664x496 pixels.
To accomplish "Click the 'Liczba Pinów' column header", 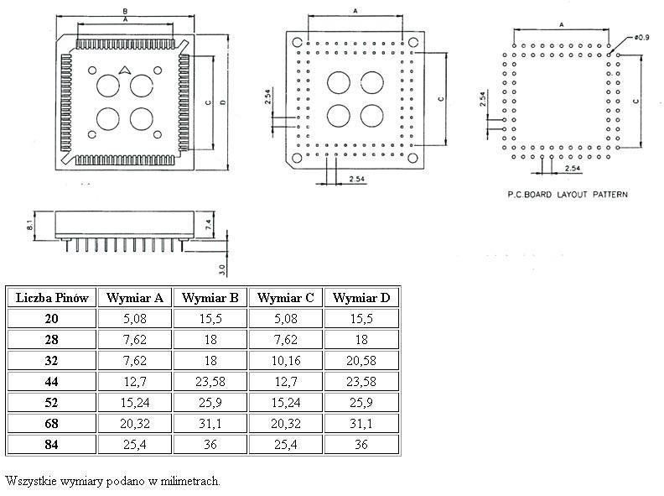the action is pos(52,298).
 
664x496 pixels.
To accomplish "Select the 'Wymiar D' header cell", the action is pos(361,298).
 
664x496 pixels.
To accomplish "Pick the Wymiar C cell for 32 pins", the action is pos(286,360).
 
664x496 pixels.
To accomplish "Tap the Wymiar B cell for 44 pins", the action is pos(210,382).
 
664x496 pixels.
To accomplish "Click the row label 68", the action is pos(52,423).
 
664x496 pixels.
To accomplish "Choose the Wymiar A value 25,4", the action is pos(135,444).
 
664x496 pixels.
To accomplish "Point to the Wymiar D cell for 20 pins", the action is pos(361,318).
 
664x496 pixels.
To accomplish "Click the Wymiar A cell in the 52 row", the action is pos(135,402).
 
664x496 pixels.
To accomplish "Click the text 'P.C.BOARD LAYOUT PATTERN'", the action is pos(568,195).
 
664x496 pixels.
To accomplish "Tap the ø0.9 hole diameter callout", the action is pos(641,37).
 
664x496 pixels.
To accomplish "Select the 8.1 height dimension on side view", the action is pos(29,225).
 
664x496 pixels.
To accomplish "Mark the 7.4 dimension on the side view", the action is pos(210,225).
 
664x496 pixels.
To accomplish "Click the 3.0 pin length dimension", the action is pos(222,269).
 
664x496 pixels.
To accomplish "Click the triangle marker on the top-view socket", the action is pos(124,70).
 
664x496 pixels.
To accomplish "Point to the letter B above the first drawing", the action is pos(125,12).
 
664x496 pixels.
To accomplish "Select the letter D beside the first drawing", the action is pos(223,102).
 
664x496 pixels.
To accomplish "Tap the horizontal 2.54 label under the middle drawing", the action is pos(356,179).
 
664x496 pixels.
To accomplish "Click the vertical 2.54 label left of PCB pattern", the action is pos(483,99).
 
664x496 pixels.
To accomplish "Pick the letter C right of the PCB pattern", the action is pos(635,101).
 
